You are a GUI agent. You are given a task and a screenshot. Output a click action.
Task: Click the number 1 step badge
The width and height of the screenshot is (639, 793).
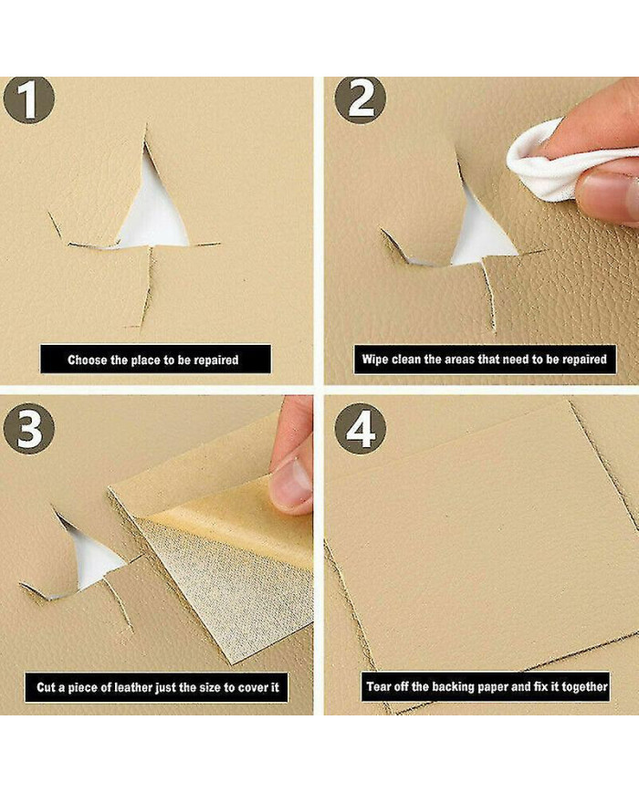click(x=29, y=99)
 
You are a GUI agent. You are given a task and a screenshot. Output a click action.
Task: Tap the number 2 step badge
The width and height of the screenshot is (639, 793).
click(x=361, y=99)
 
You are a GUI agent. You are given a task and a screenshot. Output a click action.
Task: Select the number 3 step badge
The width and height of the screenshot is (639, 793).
click(x=29, y=429)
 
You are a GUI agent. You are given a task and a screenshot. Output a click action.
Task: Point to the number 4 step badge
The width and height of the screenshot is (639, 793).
click(x=361, y=429)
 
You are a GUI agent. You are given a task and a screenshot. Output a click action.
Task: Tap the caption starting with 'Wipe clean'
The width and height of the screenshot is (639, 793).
click(x=484, y=359)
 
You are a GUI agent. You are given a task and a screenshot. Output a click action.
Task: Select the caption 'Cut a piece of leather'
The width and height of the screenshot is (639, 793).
click(x=157, y=687)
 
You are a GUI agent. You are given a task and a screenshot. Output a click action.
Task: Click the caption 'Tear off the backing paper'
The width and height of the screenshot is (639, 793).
click(x=486, y=686)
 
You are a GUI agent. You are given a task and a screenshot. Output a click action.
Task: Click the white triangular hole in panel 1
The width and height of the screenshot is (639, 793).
click(x=153, y=213)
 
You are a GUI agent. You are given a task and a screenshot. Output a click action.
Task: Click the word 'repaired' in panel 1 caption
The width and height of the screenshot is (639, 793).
click(x=216, y=360)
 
